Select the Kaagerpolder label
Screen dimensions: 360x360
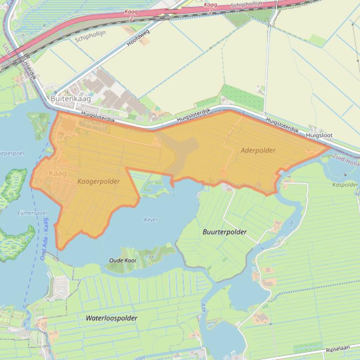pyautogui.click(x=99, y=181)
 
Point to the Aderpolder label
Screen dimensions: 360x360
pyautogui.click(x=258, y=151)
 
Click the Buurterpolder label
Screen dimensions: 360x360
pyautogui.click(x=224, y=232)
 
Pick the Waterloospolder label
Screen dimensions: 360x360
pyautogui.click(x=111, y=318)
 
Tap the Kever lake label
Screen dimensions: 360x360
pyautogui.click(x=151, y=220)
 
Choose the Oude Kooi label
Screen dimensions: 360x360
pyautogui.click(x=122, y=260)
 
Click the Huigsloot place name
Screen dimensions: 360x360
pyautogui.click(x=319, y=135)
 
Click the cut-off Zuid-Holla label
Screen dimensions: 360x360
pyautogui.click(x=346, y=162)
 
